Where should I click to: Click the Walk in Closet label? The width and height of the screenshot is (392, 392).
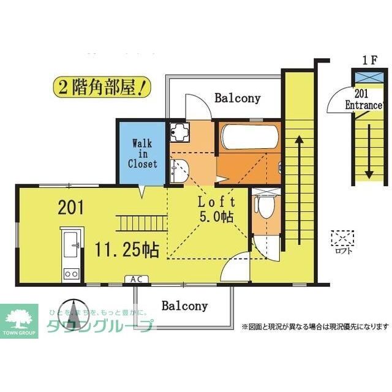coord(142,154)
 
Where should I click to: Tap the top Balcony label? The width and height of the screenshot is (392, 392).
coord(237,98)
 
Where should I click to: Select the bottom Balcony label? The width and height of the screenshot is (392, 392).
coord(184,306)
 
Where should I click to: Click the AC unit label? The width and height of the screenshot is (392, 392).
coord(137,279)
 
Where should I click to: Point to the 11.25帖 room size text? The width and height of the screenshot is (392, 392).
coord(127,249)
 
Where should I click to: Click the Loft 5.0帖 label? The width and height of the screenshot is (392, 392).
coord(216,209)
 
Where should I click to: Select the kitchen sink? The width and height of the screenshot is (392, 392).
coord(71,244)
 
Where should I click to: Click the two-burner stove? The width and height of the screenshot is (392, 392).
coord(71,274)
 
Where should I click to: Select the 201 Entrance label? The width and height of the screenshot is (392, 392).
coord(364,100)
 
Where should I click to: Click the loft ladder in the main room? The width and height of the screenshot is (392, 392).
coord(141,223)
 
